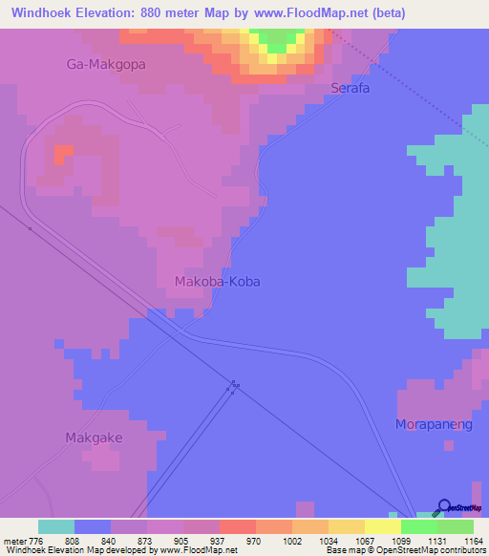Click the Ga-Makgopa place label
tap(99, 65)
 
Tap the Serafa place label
tap(350, 88)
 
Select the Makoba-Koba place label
tap(218, 282)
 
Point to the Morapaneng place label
tap(435, 423)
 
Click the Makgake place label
tap(94, 438)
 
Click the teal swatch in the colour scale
tap(56, 526)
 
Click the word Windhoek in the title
tap(44, 13)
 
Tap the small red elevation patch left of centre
tap(63, 153)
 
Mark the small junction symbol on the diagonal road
tap(233, 387)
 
